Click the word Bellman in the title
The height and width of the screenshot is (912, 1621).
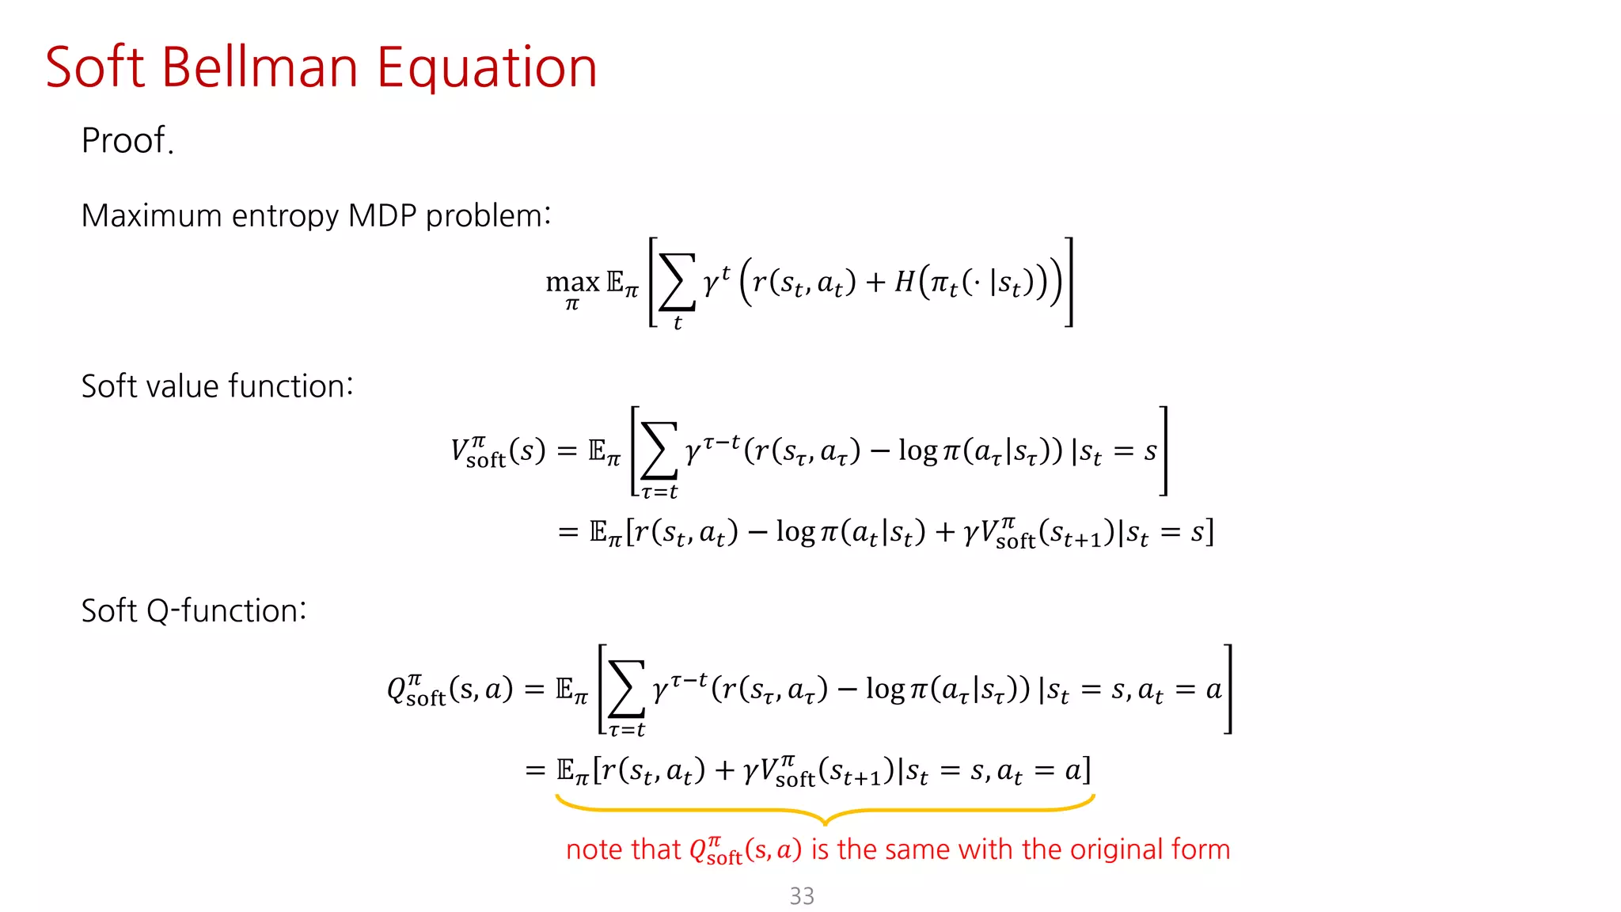point(260,67)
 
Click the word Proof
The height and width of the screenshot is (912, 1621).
point(127,141)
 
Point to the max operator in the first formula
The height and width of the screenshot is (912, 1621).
point(572,283)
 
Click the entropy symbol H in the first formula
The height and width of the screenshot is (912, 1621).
point(905,281)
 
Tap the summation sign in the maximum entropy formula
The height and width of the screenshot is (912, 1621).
point(677,282)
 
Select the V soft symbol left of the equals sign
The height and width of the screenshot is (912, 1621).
point(477,452)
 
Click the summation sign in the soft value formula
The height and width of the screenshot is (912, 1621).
point(659,450)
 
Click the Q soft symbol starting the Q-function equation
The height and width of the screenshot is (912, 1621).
point(416,690)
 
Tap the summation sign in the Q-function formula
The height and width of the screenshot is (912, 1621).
point(626,689)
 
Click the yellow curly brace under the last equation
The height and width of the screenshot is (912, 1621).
point(825,811)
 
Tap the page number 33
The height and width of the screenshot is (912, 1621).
point(802,896)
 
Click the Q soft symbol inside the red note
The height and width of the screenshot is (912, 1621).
point(716,850)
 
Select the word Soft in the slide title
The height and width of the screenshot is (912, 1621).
point(94,67)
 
